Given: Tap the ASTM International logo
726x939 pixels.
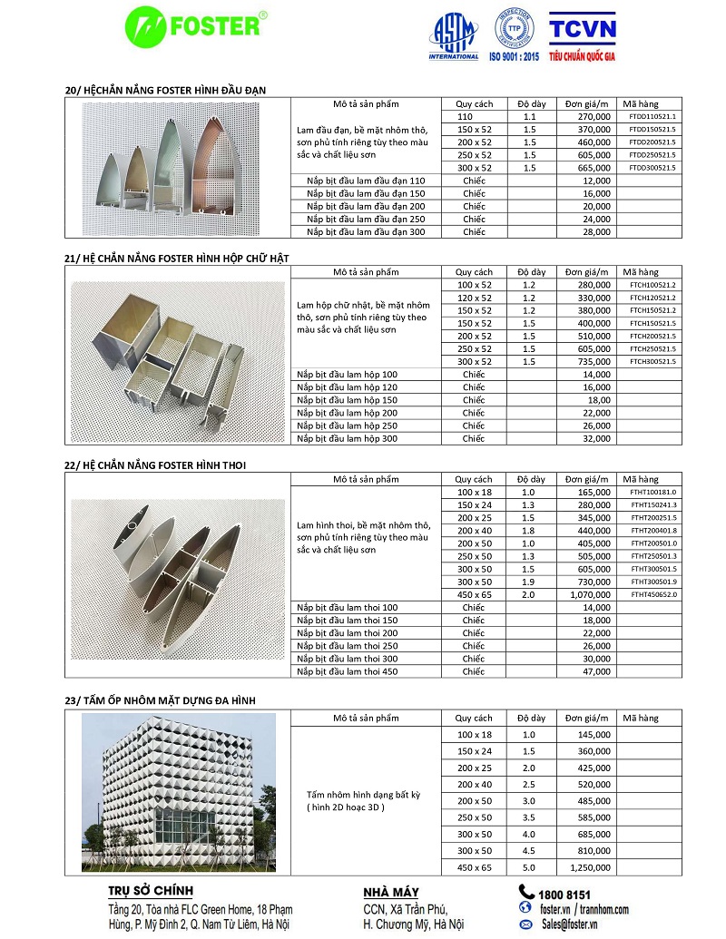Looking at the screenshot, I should pos(453,36).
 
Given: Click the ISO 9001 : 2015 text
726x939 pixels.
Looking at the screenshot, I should pos(515,56).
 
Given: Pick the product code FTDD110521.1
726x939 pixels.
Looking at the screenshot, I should pos(652,117).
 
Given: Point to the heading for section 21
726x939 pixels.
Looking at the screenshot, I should pos(177,259).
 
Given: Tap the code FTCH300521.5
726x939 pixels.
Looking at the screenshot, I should pos(652,362).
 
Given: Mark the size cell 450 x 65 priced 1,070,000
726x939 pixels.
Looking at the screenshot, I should pos(475,594).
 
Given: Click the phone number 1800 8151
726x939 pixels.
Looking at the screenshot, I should pos(564,894).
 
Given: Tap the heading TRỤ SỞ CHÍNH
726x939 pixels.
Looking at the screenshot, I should pos(151,892).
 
